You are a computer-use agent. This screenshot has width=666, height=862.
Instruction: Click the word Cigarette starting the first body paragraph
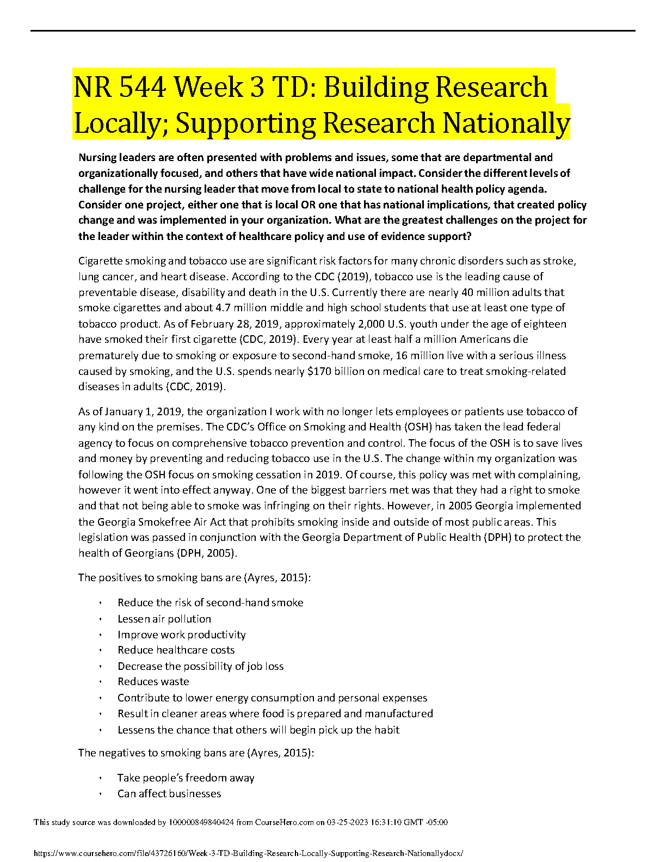100,261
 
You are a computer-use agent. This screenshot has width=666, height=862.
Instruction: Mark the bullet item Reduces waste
153,681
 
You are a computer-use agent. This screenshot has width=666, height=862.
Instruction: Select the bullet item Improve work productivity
181,635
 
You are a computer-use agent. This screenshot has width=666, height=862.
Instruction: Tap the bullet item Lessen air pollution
164,619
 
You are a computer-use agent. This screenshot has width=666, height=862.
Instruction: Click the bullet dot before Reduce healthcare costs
101,650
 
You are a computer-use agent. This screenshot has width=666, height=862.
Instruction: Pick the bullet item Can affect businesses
169,793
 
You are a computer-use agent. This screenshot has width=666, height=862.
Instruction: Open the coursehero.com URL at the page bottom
248,853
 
